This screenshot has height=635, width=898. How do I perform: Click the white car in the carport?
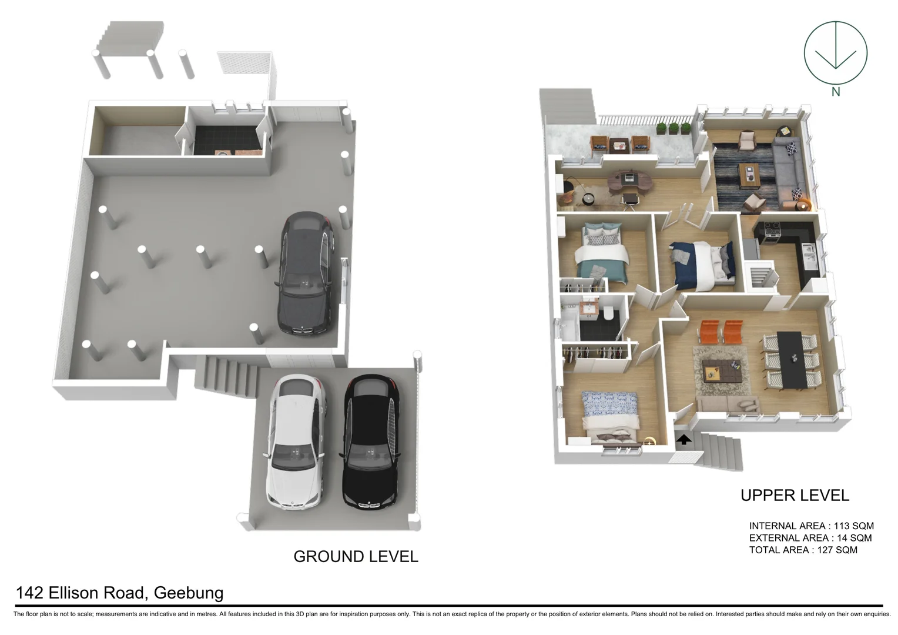(295, 442)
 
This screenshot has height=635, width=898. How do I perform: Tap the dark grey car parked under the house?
(306, 274)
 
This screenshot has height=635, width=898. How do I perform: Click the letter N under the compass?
(835, 92)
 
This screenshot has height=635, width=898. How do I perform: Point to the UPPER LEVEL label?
(795, 496)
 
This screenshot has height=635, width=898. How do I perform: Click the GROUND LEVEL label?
(356, 556)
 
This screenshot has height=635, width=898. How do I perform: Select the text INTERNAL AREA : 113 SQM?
(811, 526)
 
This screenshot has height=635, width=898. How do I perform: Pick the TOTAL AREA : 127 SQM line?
(803, 550)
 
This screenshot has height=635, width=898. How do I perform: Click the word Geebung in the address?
(188, 593)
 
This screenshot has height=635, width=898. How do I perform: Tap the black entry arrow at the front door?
(684, 439)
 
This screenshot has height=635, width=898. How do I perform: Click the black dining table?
(791, 359)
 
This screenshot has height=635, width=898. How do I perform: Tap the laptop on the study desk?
(629, 176)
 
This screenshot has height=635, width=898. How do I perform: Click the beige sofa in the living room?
(728, 405)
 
